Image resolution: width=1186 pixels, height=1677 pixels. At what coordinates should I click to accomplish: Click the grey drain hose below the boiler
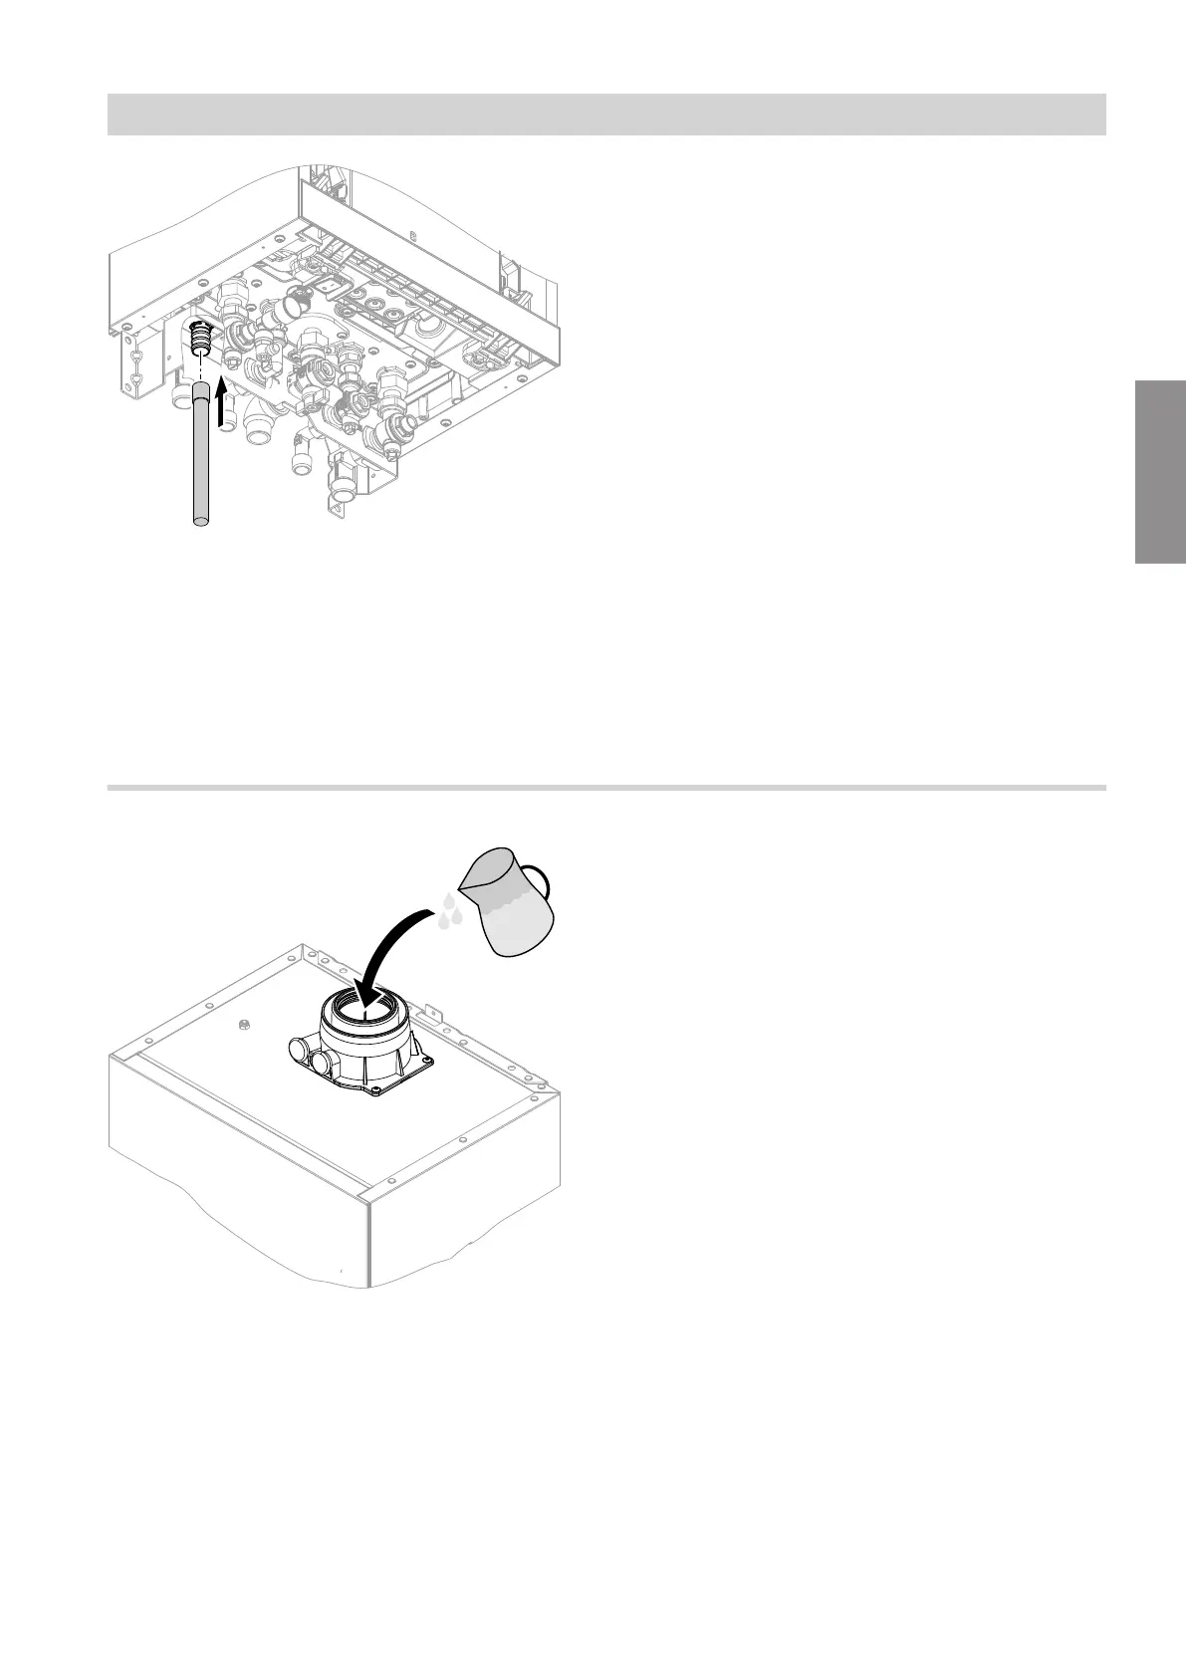[200, 458]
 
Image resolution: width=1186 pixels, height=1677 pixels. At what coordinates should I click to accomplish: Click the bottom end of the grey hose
[200, 519]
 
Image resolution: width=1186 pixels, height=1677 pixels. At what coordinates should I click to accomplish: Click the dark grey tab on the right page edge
[1159, 472]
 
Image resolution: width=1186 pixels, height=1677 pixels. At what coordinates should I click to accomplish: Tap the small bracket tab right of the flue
[434, 1011]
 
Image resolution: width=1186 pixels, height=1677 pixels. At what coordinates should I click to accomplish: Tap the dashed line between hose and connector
[201, 374]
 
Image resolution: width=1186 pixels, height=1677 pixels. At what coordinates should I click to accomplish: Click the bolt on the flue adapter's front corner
[375, 1091]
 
